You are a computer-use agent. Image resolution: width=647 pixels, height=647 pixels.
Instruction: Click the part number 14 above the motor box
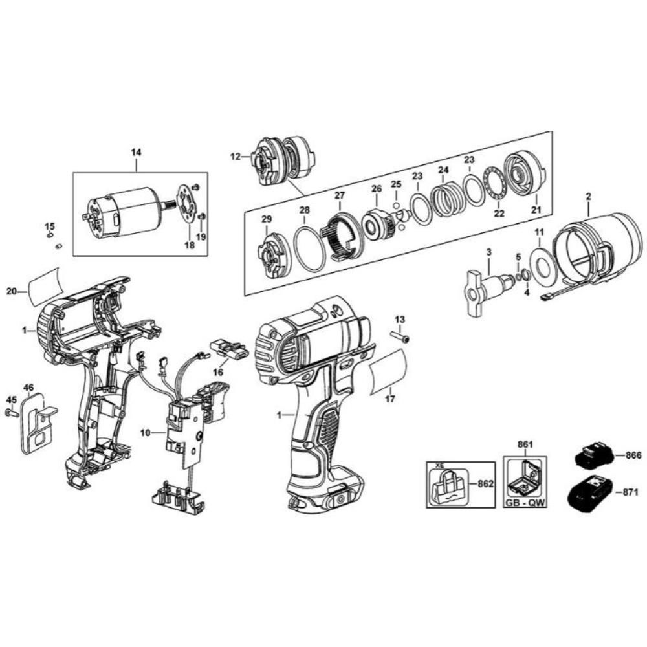coord(136,152)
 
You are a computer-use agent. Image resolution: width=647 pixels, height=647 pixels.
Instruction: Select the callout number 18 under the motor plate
coord(190,245)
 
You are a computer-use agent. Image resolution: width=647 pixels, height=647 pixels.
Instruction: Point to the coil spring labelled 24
coord(445,201)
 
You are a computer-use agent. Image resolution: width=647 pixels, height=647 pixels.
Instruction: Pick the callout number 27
coord(339,195)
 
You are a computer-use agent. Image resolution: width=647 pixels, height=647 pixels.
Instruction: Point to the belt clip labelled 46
coord(35,424)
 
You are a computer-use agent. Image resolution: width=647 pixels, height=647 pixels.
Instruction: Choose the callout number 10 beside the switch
coord(146,433)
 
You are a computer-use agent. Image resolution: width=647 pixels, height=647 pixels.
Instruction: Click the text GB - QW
coord(525,503)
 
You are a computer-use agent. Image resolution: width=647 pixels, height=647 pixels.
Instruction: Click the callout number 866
coord(633,455)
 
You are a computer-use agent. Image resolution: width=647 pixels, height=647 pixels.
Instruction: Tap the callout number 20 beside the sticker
coord(12,291)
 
